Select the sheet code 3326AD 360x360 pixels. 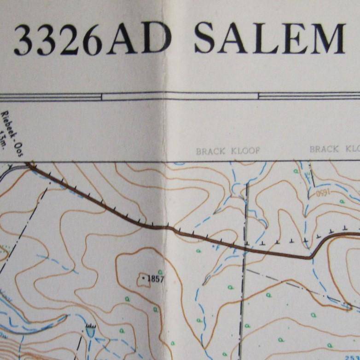(92, 40)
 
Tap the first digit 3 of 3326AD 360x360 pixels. (24, 41)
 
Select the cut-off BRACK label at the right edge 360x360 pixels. (324, 149)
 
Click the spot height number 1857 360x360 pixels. (156, 279)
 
